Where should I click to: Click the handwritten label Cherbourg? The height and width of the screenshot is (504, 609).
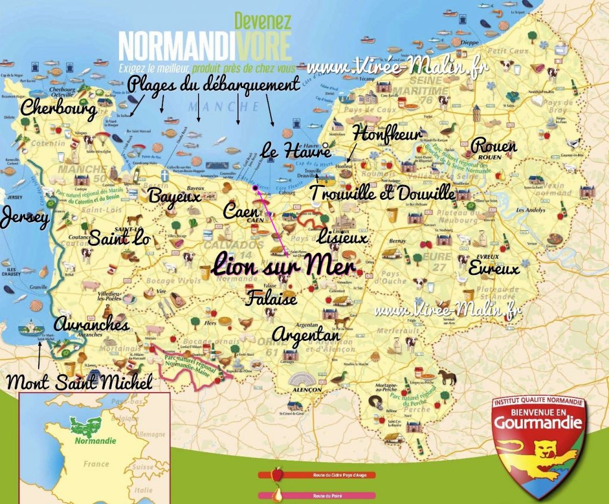[x=58, y=109]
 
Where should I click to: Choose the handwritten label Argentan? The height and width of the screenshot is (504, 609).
[x=306, y=334]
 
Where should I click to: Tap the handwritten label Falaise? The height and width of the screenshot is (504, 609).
[x=271, y=298]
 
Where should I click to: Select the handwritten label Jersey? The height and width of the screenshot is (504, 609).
[x=24, y=218]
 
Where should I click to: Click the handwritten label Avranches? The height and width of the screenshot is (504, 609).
[x=91, y=325]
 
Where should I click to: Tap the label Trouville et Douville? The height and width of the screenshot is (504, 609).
[x=382, y=193]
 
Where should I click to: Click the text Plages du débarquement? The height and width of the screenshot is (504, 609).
[x=213, y=85]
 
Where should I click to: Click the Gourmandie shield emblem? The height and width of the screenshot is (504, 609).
[x=539, y=443]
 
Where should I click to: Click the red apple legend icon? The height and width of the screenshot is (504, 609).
[x=276, y=474]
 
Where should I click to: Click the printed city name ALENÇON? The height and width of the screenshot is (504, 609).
[x=306, y=389]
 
